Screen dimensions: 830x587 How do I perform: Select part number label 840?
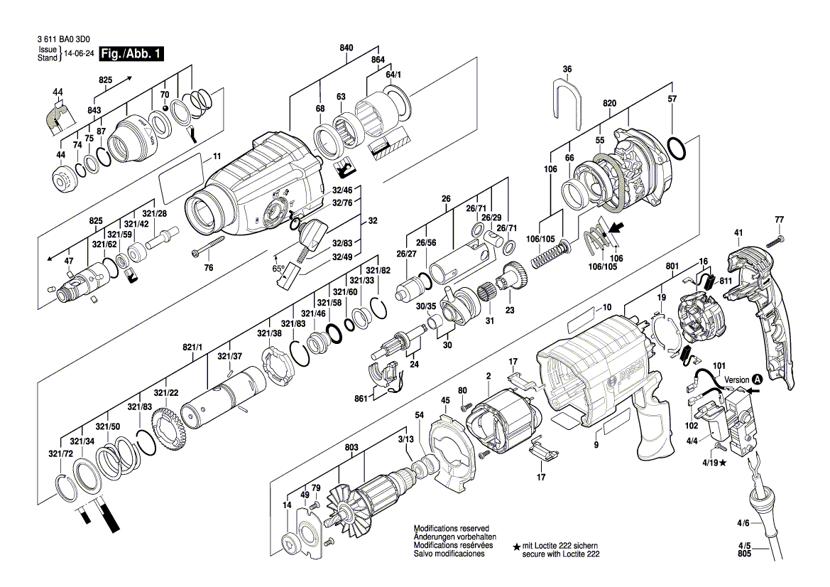(x=346, y=48)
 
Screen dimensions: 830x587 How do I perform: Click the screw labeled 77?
(x=777, y=240)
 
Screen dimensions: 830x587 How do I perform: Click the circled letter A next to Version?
(x=758, y=380)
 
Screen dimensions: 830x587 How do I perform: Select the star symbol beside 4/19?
(x=723, y=463)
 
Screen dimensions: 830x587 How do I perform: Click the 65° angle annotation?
(x=278, y=269)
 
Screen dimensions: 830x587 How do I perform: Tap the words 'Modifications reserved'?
(x=451, y=528)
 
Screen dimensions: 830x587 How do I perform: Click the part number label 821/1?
(x=192, y=347)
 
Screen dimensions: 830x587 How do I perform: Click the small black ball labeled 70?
(x=165, y=108)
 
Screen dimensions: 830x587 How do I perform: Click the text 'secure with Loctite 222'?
(x=561, y=554)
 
